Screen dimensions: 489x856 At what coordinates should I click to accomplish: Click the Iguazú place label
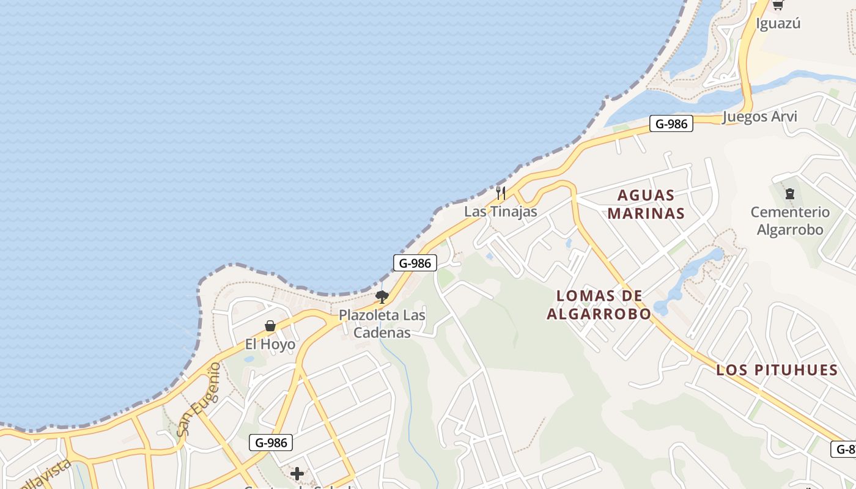[x=778, y=24]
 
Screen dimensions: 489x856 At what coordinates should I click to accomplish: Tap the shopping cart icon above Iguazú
[x=778, y=5]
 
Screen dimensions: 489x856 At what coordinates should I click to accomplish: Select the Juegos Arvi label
[x=759, y=117]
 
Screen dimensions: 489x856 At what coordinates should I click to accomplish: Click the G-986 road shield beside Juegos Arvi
[x=671, y=124]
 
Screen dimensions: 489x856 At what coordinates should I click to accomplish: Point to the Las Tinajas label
[x=500, y=211]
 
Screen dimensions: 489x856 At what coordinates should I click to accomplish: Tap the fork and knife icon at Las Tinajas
[x=501, y=194]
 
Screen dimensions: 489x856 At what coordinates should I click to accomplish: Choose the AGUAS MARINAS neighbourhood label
[x=646, y=205]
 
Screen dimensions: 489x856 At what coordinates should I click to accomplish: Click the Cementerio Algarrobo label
[x=790, y=221]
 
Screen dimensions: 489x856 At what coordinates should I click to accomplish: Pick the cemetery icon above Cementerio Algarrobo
[x=790, y=194]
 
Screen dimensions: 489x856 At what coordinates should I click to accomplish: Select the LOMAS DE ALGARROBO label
[x=599, y=305]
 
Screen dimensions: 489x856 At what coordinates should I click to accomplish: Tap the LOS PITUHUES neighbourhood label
[x=777, y=370]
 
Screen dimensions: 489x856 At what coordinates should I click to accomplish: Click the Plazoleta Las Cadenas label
[x=382, y=324]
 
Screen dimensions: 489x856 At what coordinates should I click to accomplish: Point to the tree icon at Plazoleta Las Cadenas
[x=382, y=298]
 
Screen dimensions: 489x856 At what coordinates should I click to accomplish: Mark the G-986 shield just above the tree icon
[x=415, y=263]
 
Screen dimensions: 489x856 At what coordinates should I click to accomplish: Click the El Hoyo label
[x=270, y=344]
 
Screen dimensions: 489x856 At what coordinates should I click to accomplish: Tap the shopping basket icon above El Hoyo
[x=270, y=326]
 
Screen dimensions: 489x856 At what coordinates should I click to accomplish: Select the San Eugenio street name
[x=198, y=399]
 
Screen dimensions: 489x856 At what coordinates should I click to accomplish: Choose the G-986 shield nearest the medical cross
[x=270, y=443]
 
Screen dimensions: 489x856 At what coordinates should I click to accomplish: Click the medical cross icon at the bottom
[x=297, y=474]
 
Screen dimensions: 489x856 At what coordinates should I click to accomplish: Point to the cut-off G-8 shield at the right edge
[x=844, y=449]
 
